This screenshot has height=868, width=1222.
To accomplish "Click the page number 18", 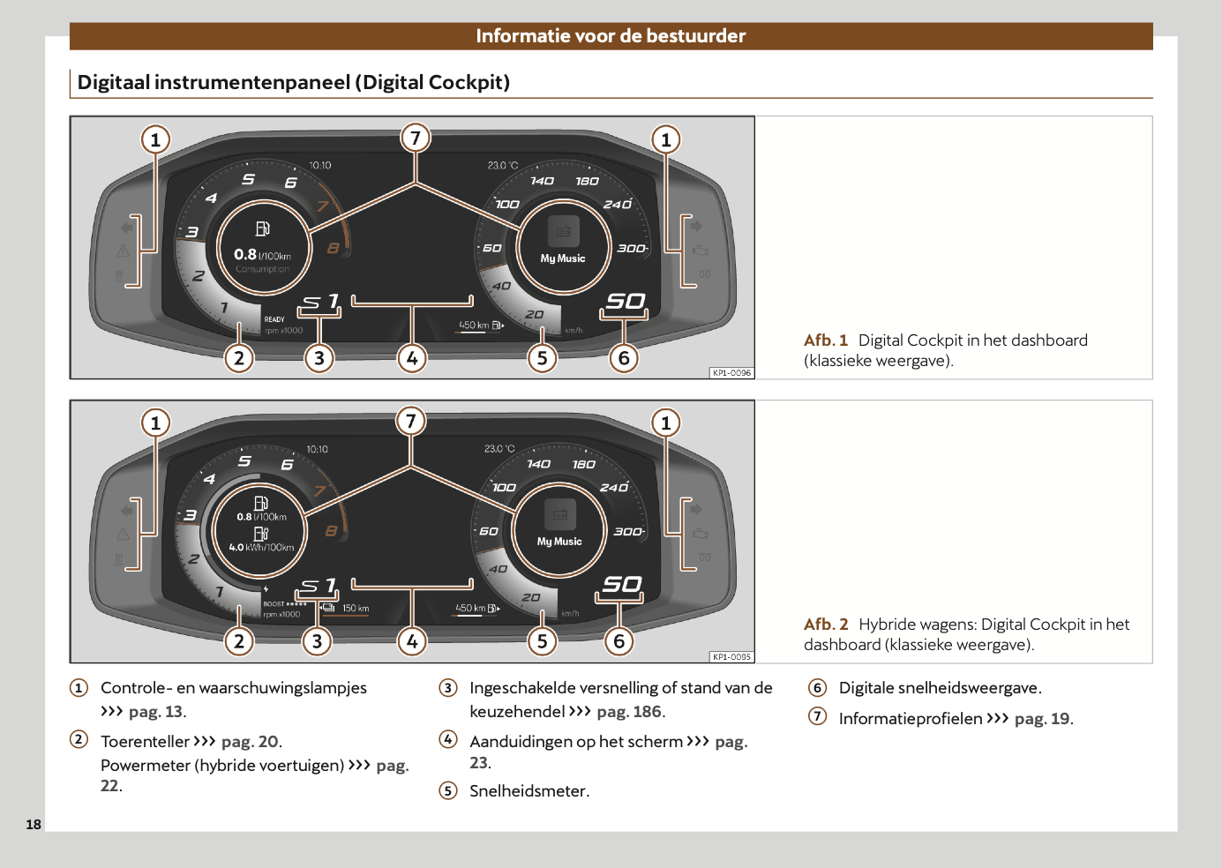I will point(34,825).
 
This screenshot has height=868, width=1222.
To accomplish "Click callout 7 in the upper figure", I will point(416,138).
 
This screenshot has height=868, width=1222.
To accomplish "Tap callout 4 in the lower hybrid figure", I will point(412,641).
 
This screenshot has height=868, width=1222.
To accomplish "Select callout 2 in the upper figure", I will point(239,358).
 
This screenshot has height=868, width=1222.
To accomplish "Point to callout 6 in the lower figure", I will point(619,641).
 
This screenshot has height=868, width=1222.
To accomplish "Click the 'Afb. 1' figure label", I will point(825,340).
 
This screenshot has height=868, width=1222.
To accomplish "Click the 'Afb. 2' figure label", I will point(825,625).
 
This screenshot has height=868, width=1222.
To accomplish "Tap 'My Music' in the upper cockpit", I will point(563,258).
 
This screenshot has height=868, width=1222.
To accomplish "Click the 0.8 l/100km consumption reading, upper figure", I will point(262,255).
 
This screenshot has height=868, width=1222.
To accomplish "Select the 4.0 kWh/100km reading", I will point(261,547).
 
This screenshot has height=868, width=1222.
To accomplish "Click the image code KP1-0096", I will point(731,373).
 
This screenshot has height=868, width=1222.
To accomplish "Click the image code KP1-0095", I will point(731,657).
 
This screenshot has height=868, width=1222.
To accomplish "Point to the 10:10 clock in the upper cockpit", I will point(320,165).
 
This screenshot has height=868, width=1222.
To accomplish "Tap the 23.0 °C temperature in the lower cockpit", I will point(499,449).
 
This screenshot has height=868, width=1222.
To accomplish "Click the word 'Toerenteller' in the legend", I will point(145,742).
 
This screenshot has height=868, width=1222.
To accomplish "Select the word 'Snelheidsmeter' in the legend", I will point(528,791).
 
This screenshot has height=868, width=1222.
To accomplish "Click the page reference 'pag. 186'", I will point(629,712).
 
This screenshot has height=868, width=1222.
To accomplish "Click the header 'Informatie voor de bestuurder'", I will point(611,36).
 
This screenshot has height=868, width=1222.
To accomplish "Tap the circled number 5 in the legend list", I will point(448,790).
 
